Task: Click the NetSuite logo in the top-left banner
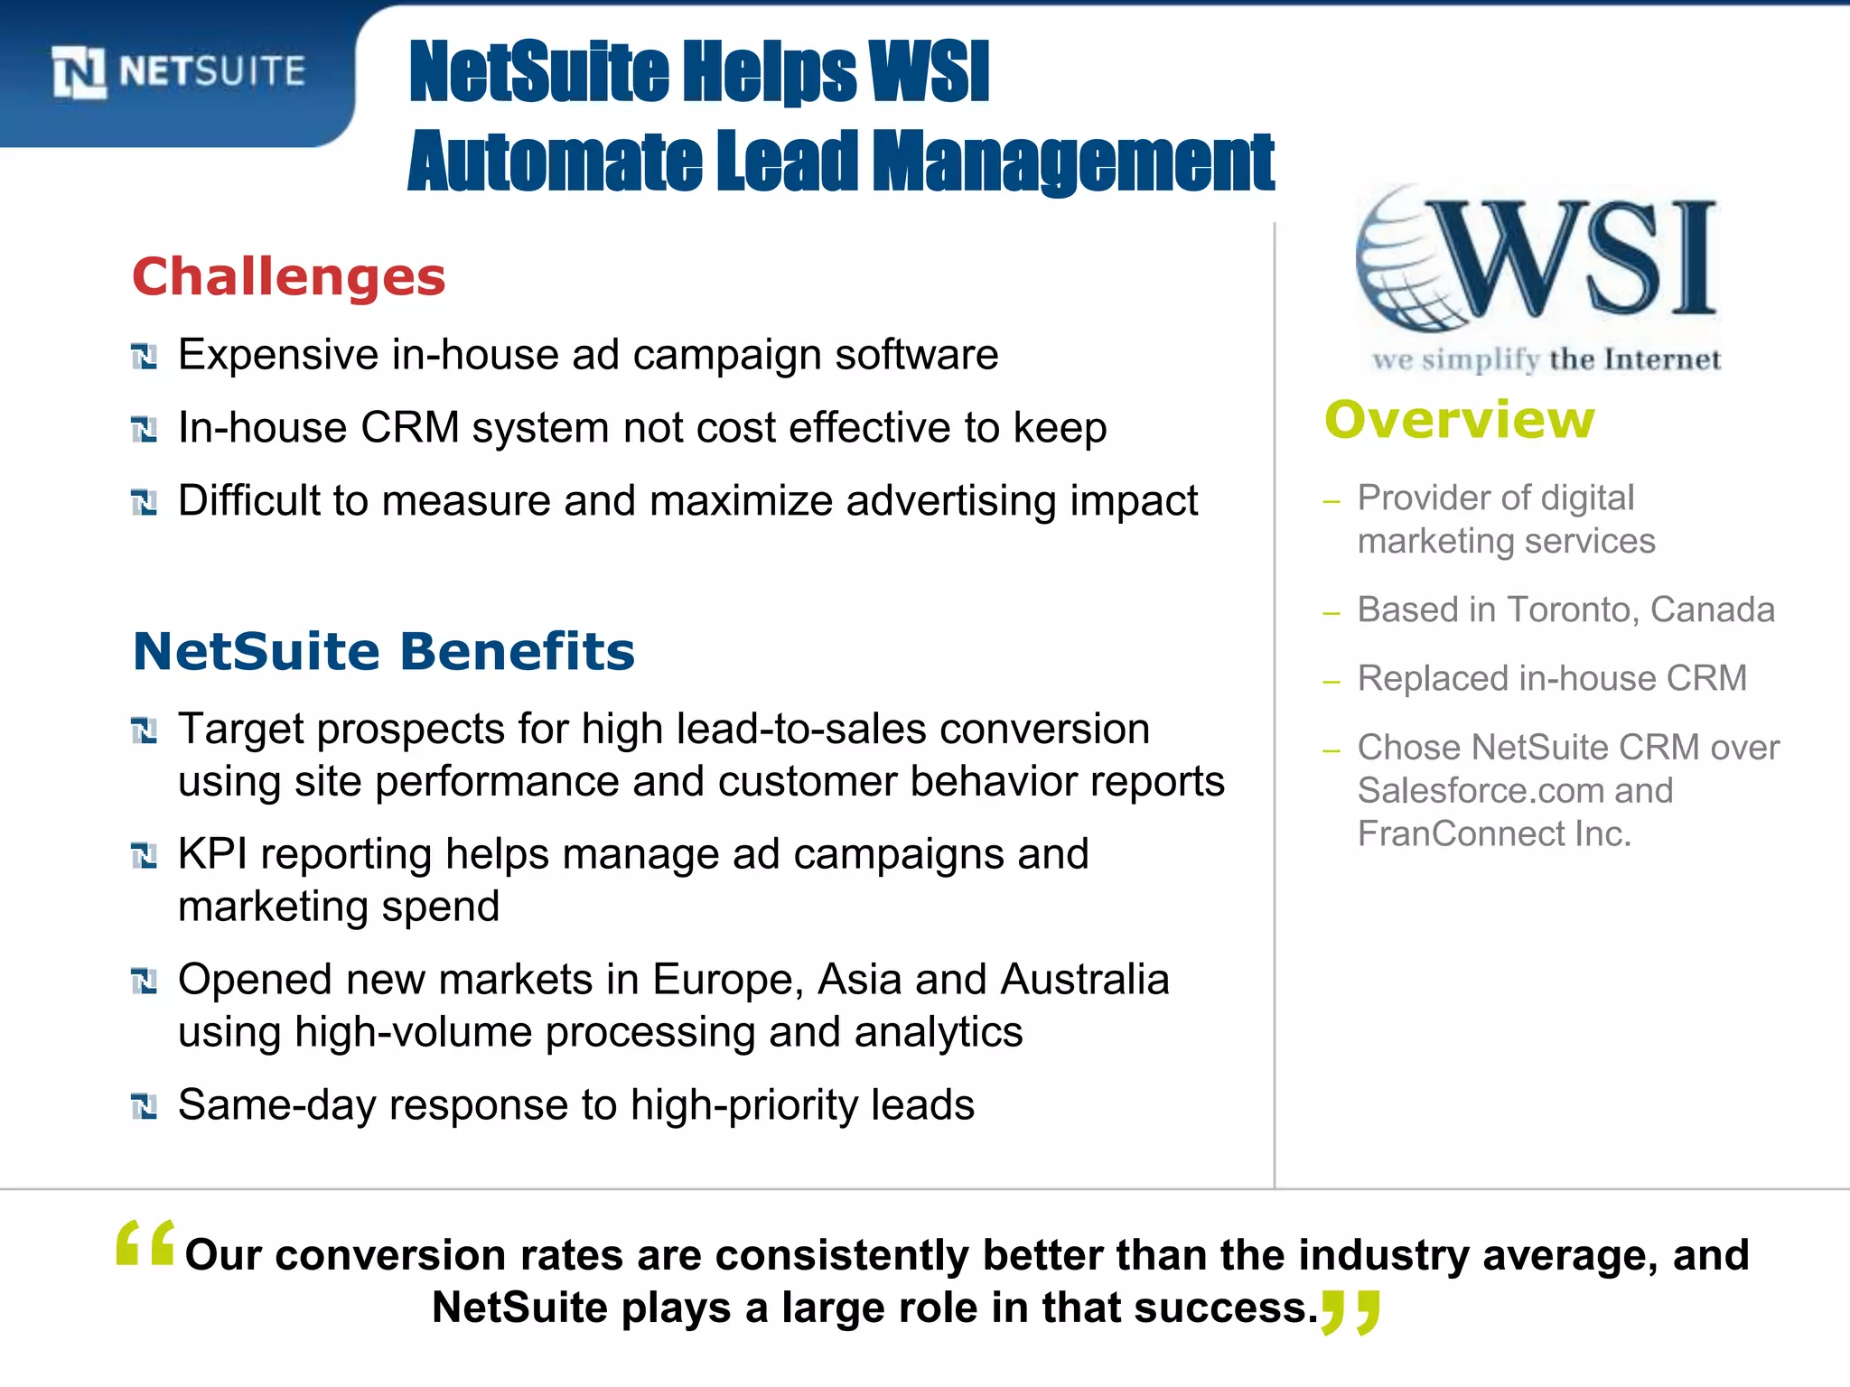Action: point(179,72)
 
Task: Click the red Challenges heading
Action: point(289,276)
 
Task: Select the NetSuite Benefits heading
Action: point(384,651)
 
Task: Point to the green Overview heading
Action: point(1460,420)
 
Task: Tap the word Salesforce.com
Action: point(1481,791)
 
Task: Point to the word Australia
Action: point(1085,980)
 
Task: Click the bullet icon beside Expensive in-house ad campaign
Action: point(145,357)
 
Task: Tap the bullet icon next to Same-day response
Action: point(145,1106)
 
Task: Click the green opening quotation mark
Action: point(145,1243)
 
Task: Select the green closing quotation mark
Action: point(1350,1312)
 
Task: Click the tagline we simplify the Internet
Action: point(1546,359)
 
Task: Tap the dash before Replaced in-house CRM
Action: point(1331,682)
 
